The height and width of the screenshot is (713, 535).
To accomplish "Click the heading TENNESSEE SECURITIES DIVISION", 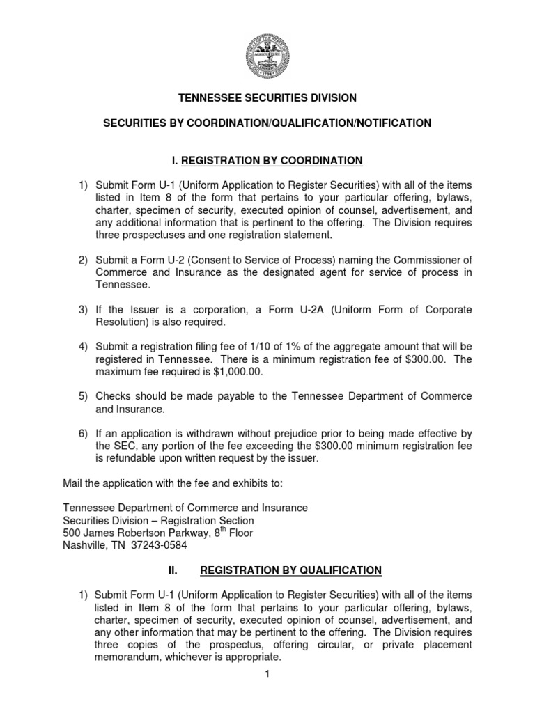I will [267, 99].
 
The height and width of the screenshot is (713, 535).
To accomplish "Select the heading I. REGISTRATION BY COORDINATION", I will [267, 161].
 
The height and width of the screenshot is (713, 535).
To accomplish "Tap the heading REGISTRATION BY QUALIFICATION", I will [290, 570].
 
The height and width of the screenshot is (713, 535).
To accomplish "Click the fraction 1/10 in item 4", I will [256, 347].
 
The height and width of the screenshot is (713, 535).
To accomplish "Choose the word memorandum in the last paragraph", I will [127, 657].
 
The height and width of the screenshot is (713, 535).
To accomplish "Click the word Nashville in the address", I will [83, 545].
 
